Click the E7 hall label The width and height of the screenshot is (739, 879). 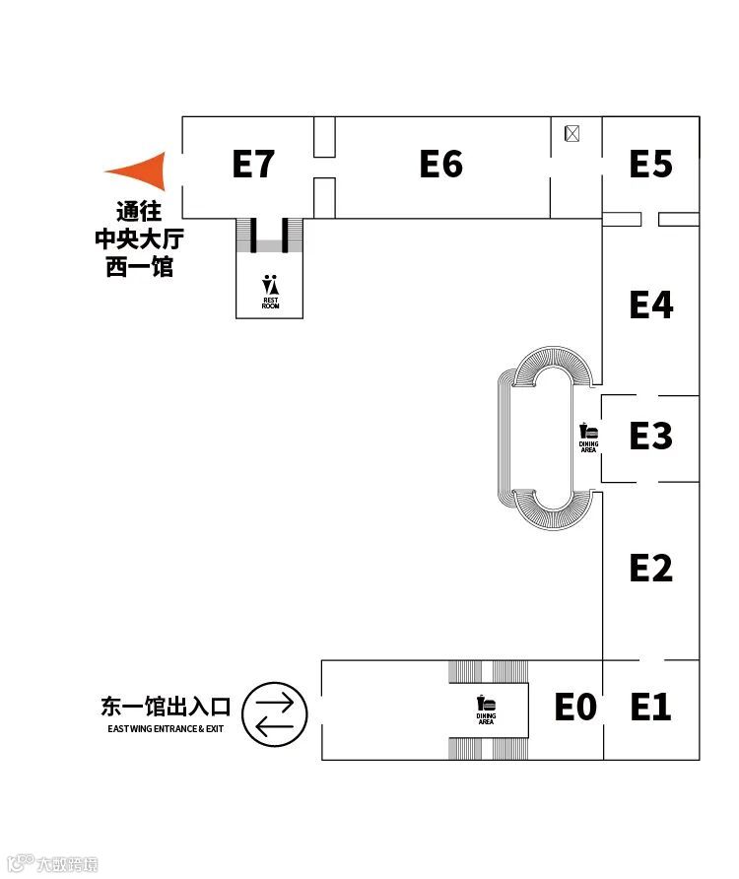point(252,164)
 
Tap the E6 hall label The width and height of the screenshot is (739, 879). point(440,164)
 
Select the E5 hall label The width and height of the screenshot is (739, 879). point(650,164)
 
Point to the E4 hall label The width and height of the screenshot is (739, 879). point(650,304)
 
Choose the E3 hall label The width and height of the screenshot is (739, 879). point(650,435)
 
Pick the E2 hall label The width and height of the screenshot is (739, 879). point(650,568)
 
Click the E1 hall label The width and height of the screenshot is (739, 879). point(650,707)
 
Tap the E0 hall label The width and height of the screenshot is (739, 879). point(575,707)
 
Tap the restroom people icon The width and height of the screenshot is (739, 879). point(270,285)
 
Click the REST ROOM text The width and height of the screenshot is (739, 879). point(270,303)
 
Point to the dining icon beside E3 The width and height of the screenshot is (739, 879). point(588,431)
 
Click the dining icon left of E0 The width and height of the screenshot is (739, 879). point(486,704)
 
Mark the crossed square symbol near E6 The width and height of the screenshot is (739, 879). point(571,133)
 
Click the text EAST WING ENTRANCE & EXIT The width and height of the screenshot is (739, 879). point(167,729)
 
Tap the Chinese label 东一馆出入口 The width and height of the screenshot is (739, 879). point(166,707)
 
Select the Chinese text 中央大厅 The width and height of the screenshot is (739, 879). point(139,238)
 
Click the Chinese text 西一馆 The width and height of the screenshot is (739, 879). point(139,266)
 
